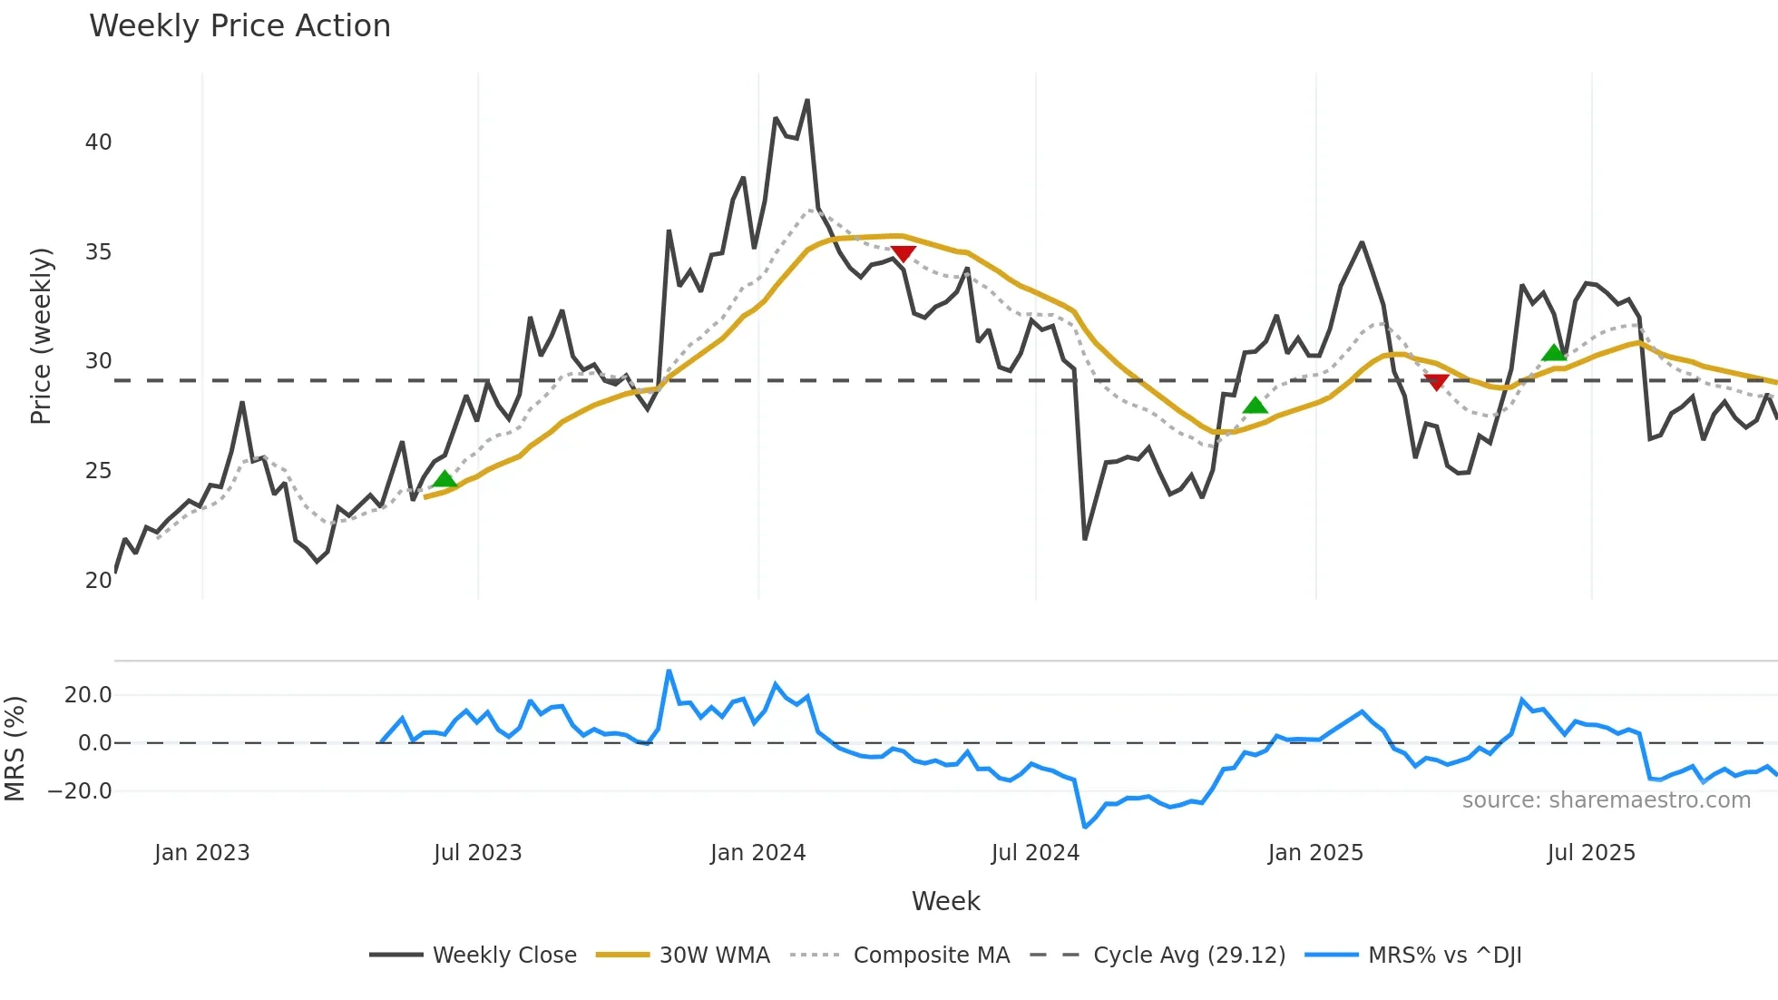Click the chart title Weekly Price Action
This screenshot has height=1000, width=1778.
(239, 26)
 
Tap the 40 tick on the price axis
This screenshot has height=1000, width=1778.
(98, 142)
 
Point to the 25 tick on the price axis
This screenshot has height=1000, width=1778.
(98, 471)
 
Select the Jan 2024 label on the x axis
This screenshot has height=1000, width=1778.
(757, 853)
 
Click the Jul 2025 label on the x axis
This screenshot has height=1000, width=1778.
(1591, 853)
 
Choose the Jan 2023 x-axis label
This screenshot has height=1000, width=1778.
(201, 853)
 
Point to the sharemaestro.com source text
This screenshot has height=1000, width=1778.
(1606, 800)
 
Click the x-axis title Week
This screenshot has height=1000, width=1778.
(945, 901)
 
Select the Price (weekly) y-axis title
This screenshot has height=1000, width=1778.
(41, 336)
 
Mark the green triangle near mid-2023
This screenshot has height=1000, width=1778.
(444, 479)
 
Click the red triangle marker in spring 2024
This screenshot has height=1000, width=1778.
(903, 253)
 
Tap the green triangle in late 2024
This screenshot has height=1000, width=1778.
(1255, 406)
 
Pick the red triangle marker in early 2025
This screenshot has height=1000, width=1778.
(1436, 382)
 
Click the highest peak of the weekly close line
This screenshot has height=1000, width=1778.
(807, 101)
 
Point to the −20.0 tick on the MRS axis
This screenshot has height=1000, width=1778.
(79, 791)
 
